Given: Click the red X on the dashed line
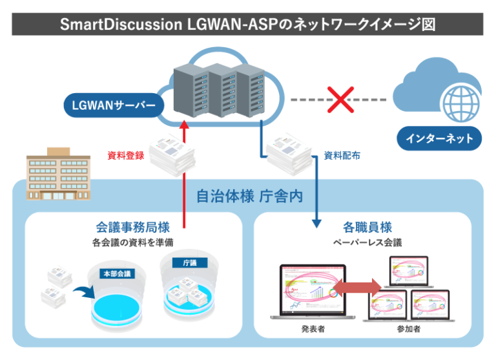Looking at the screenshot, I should pyautogui.click(x=338, y=100).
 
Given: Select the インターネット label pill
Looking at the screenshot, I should pyautogui.click(x=440, y=138).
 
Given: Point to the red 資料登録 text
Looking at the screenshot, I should pyautogui.click(x=125, y=156).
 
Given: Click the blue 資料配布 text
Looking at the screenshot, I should pyautogui.click(x=342, y=156).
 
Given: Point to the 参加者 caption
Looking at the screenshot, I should pyautogui.click(x=408, y=330).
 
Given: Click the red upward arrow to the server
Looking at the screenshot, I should pyautogui.click(x=185, y=175).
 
